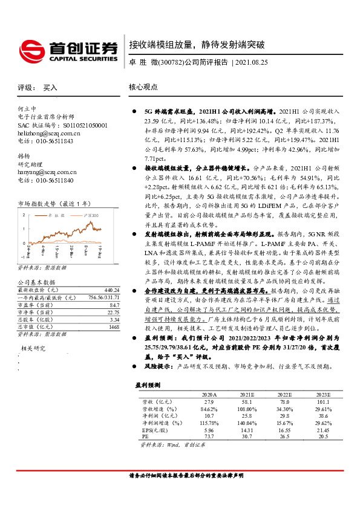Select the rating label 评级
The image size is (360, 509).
click(x=25, y=88)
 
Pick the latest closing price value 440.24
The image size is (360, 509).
click(x=111, y=290)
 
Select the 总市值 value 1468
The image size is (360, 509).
click(x=113, y=326)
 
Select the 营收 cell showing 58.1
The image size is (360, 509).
click(x=245, y=401)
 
